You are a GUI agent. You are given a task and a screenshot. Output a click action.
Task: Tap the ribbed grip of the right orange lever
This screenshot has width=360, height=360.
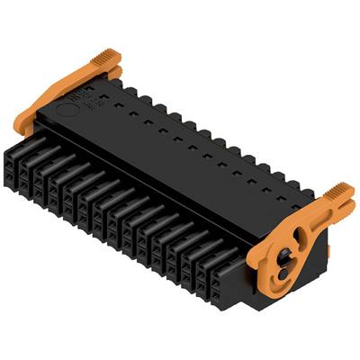tap(338, 191)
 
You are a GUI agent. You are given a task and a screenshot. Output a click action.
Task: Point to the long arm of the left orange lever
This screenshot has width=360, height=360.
tap(63, 90)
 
